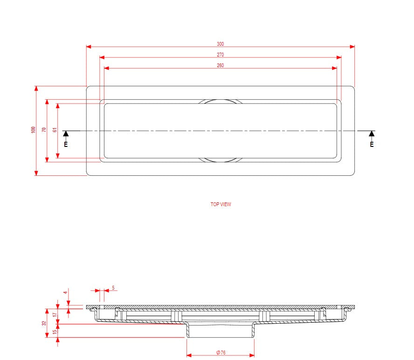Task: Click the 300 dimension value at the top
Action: tap(221, 44)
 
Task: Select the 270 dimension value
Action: tap(221, 55)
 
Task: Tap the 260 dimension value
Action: tap(221, 65)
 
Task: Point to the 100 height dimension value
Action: tap(33, 130)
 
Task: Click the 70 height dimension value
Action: tap(44, 130)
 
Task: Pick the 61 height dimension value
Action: tap(55, 130)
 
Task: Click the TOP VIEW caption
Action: tap(221, 204)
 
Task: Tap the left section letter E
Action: tap(66, 145)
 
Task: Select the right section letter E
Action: tap(372, 145)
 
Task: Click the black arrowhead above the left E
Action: tap(66, 134)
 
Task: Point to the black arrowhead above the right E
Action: tap(372, 134)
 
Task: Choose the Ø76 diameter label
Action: tap(221, 353)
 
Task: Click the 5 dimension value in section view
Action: tap(113, 288)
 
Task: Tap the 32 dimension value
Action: tap(44, 323)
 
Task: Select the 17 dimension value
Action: tap(55, 315)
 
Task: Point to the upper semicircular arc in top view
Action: tap(221, 100)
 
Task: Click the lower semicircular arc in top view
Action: tap(221, 161)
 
